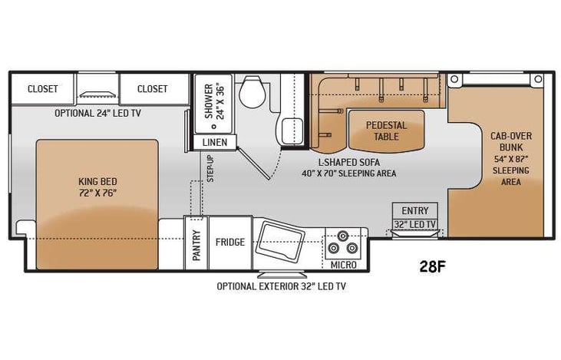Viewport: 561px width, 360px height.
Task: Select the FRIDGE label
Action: (230, 243)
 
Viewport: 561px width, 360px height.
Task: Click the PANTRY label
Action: (196, 246)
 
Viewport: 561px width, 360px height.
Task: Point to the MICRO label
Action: (343, 265)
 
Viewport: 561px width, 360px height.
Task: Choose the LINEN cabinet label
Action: (215, 143)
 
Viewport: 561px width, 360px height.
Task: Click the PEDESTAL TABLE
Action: (386, 130)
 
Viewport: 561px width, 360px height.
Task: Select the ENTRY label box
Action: (414, 210)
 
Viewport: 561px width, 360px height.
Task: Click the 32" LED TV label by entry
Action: (414, 225)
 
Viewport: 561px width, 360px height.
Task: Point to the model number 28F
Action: (432, 266)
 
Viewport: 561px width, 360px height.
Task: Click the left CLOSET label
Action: (43, 89)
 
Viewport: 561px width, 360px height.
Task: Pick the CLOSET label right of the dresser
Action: (152, 89)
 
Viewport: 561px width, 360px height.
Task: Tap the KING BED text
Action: (97, 187)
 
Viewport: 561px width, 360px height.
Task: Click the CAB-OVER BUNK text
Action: (511, 142)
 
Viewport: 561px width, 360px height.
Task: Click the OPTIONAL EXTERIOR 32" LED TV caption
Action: (281, 286)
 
